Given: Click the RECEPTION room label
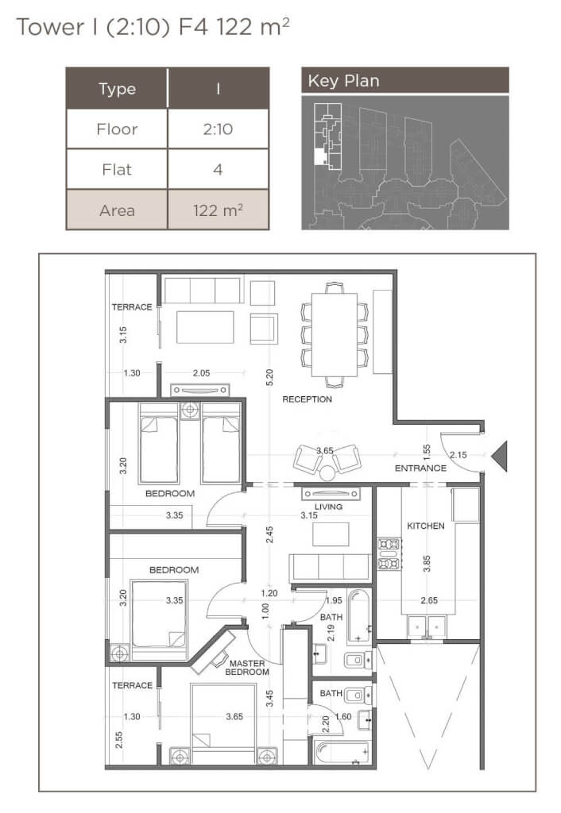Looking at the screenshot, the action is pyautogui.click(x=307, y=399).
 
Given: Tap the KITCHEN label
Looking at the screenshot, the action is pyautogui.click(x=426, y=526).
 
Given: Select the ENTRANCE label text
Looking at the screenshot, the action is pyautogui.click(x=420, y=468).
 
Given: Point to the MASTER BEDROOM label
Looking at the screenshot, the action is pyautogui.click(x=247, y=667).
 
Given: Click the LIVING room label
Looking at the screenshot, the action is pyautogui.click(x=328, y=507).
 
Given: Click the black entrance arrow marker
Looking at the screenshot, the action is pyautogui.click(x=499, y=456).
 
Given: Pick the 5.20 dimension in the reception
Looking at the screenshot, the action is pyautogui.click(x=269, y=377).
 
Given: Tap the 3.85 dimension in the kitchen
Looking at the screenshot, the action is pyautogui.click(x=427, y=564).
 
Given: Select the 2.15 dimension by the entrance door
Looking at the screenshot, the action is pyautogui.click(x=458, y=455).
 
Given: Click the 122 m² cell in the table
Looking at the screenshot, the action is pyautogui.click(x=218, y=210).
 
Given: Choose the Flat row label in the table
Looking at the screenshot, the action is pyautogui.click(x=117, y=170).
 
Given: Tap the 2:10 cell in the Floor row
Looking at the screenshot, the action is pyautogui.click(x=218, y=129).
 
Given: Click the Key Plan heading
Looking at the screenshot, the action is pyautogui.click(x=343, y=81).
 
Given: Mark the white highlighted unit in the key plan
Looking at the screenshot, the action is pyautogui.click(x=319, y=156).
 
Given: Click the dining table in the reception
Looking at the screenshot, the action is pyautogui.click(x=335, y=335).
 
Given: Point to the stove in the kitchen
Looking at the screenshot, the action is pyautogui.click(x=389, y=553).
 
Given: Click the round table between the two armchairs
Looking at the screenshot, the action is pyautogui.click(x=327, y=473).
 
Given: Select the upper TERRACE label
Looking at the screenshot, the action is pyautogui.click(x=132, y=307).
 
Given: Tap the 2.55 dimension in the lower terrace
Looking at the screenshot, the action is pyautogui.click(x=119, y=739).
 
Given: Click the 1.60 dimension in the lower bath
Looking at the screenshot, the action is pyautogui.click(x=343, y=717).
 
